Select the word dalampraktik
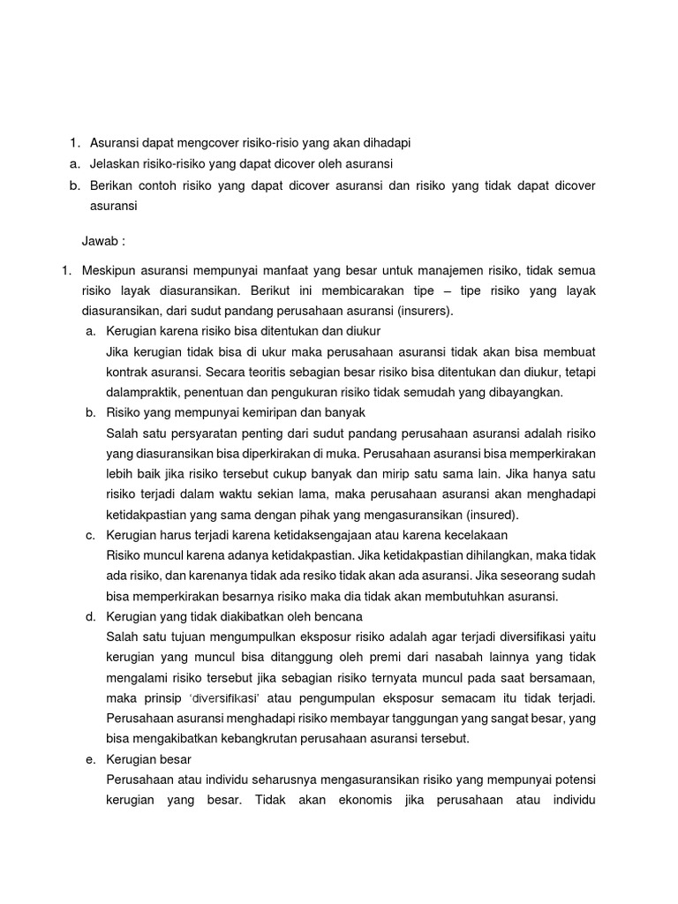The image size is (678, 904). coord(142,392)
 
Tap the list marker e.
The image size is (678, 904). coord(90,759)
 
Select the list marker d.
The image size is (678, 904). coord(90,616)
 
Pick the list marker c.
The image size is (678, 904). coord(90,535)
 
